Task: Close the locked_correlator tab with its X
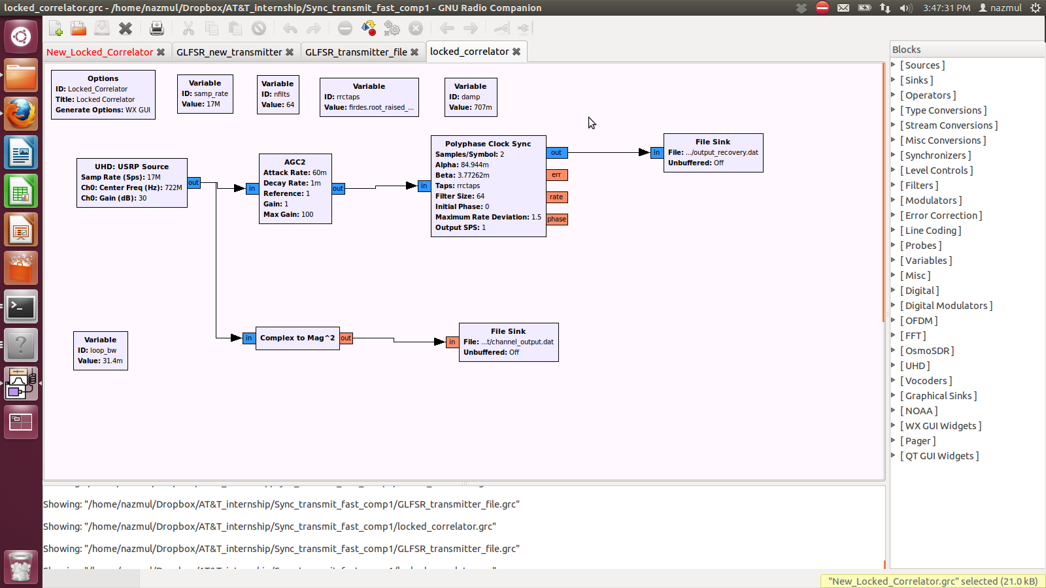coord(516,52)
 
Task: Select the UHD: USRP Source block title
coord(131,167)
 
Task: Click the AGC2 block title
coord(295,162)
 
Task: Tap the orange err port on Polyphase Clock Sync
coord(556,175)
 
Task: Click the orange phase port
coord(556,220)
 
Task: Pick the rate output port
coord(556,197)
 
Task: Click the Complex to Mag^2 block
coord(297,338)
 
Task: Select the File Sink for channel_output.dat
coord(508,342)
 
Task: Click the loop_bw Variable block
coord(100,350)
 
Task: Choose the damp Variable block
coord(471,97)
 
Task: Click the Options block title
coord(103,78)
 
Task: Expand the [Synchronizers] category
coord(935,155)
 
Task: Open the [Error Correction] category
coord(941,216)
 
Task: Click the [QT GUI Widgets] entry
coord(939,456)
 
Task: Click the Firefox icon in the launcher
coord(21,114)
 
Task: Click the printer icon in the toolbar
coord(156,28)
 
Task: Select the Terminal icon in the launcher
coord(21,307)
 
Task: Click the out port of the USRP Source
coord(194,183)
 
